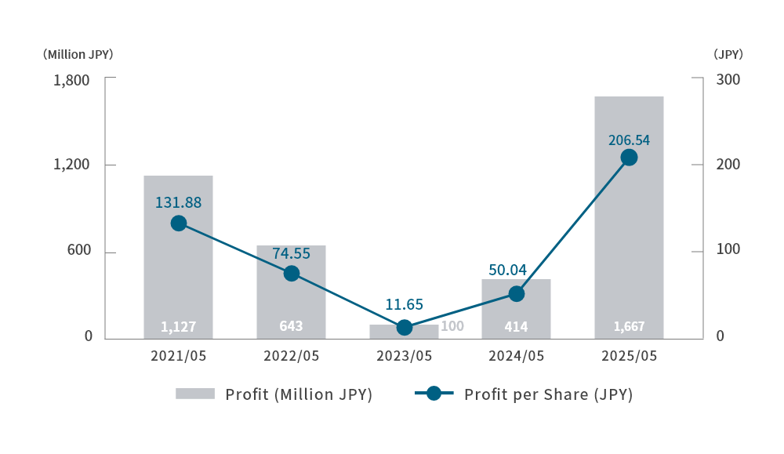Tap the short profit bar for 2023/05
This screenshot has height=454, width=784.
(x=404, y=333)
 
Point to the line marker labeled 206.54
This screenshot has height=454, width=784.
(x=629, y=158)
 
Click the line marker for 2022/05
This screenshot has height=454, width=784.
(x=292, y=274)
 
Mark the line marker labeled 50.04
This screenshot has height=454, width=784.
(x=516, y=294)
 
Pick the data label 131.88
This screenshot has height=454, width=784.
(x=178, y=202)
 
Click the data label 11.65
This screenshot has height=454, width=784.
(x=404, y=304)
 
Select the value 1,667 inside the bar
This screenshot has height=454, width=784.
(x=629, y=326)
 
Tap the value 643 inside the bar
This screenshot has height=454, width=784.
(x=291, y=326)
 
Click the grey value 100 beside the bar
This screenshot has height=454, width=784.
(x=452, y=326)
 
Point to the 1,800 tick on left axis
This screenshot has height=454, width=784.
(x=71, y=80)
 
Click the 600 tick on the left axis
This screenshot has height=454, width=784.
(x=78, y=250)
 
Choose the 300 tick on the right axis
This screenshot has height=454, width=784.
(x=728, y=80)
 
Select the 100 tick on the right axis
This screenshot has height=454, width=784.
(x=728, y=250)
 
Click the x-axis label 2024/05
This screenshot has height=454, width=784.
(x=516, y=355)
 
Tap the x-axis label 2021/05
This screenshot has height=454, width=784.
(x=178, y=355)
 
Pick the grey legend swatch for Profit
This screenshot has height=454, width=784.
(x=195, y=394)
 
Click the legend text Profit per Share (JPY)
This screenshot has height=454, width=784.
(x=548, y=394)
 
